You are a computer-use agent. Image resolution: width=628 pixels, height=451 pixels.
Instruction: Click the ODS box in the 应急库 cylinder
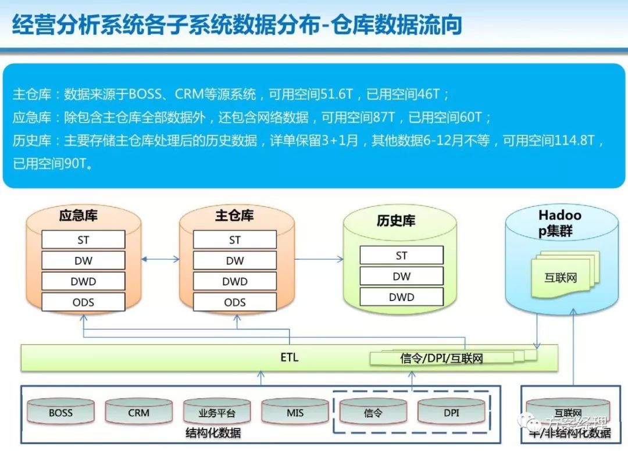pyautogui.click(x=83, y=302)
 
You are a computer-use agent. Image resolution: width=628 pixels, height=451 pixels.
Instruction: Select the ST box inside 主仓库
pyautogui.click(x=234, y=240)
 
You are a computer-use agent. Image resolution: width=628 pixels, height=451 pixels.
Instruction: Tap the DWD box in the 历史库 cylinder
pyautogui.click(x=401, y=297)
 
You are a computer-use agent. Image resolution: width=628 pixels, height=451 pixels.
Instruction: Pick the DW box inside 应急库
pyautogui.click(x=83, y=261)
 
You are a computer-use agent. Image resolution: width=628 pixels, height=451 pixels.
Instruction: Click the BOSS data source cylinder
pyautogui.click(x=60, y=412)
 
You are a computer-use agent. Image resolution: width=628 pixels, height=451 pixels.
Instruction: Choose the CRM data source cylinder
pyautogui.click(x=138, y=412)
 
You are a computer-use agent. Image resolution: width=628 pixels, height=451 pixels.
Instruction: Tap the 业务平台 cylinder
pyautogui.click(x=216, y=413)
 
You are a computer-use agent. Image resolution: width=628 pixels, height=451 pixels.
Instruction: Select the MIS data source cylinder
pyautogui.click(x=295, y=412)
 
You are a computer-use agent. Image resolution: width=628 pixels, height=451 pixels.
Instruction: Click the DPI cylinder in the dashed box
pyautogui.click(x=451, y=412)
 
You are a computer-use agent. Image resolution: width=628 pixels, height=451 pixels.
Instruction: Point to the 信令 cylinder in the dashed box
pyautogui.click(x=373, y=412)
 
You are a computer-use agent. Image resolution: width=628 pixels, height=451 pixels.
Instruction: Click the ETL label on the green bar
pyautogui.click(x=289, y=357)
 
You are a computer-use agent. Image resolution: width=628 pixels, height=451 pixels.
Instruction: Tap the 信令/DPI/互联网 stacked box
pyautogui.click(x=442, y=358)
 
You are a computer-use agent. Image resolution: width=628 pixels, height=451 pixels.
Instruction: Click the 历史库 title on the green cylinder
pyautogui.click(x=396, y=221)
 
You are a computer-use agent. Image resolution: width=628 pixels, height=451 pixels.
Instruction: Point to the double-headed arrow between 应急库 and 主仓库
pyautogui.click(x=160, y=260)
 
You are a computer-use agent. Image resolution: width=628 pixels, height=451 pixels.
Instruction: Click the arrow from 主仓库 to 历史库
pyautogui.click(x=319, y=260)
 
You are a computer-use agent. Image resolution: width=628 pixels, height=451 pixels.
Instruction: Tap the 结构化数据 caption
pyautogui.click(x=213, y=433)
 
